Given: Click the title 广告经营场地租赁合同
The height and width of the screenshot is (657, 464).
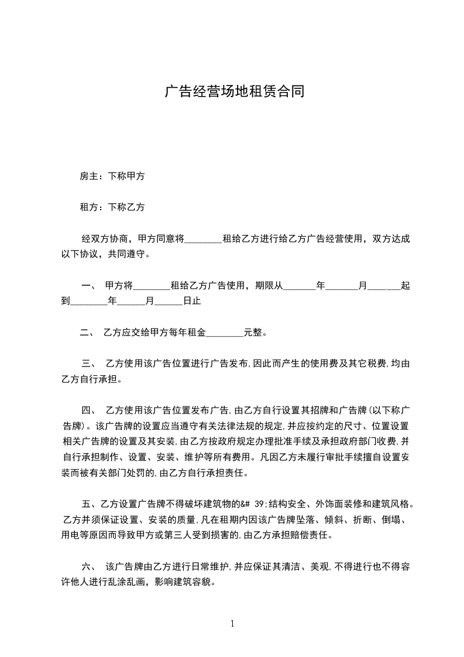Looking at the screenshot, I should pyautogui.click(x=234, y=92).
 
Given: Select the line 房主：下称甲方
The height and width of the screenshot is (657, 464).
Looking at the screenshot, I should pyautogui.click(x=112, y=176).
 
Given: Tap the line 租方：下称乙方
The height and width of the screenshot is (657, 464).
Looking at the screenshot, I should pyautogui.click(x=112, y=207).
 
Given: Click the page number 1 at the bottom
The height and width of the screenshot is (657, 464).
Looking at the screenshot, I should pyautogui.click(x=232, y=623).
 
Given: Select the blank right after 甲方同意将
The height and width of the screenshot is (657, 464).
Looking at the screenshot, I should pyautogui.click(x=204, y=239).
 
